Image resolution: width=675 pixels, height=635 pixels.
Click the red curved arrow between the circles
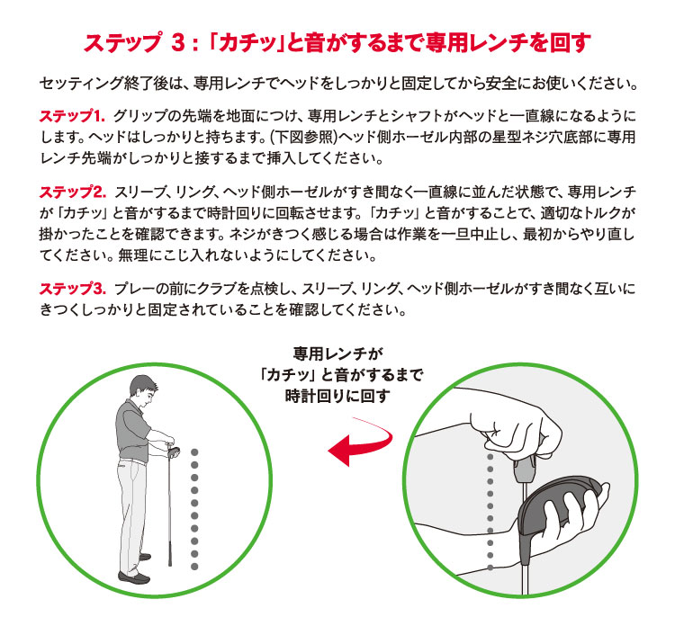click(360, 447)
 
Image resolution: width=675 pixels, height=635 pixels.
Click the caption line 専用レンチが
click(337, 353)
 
